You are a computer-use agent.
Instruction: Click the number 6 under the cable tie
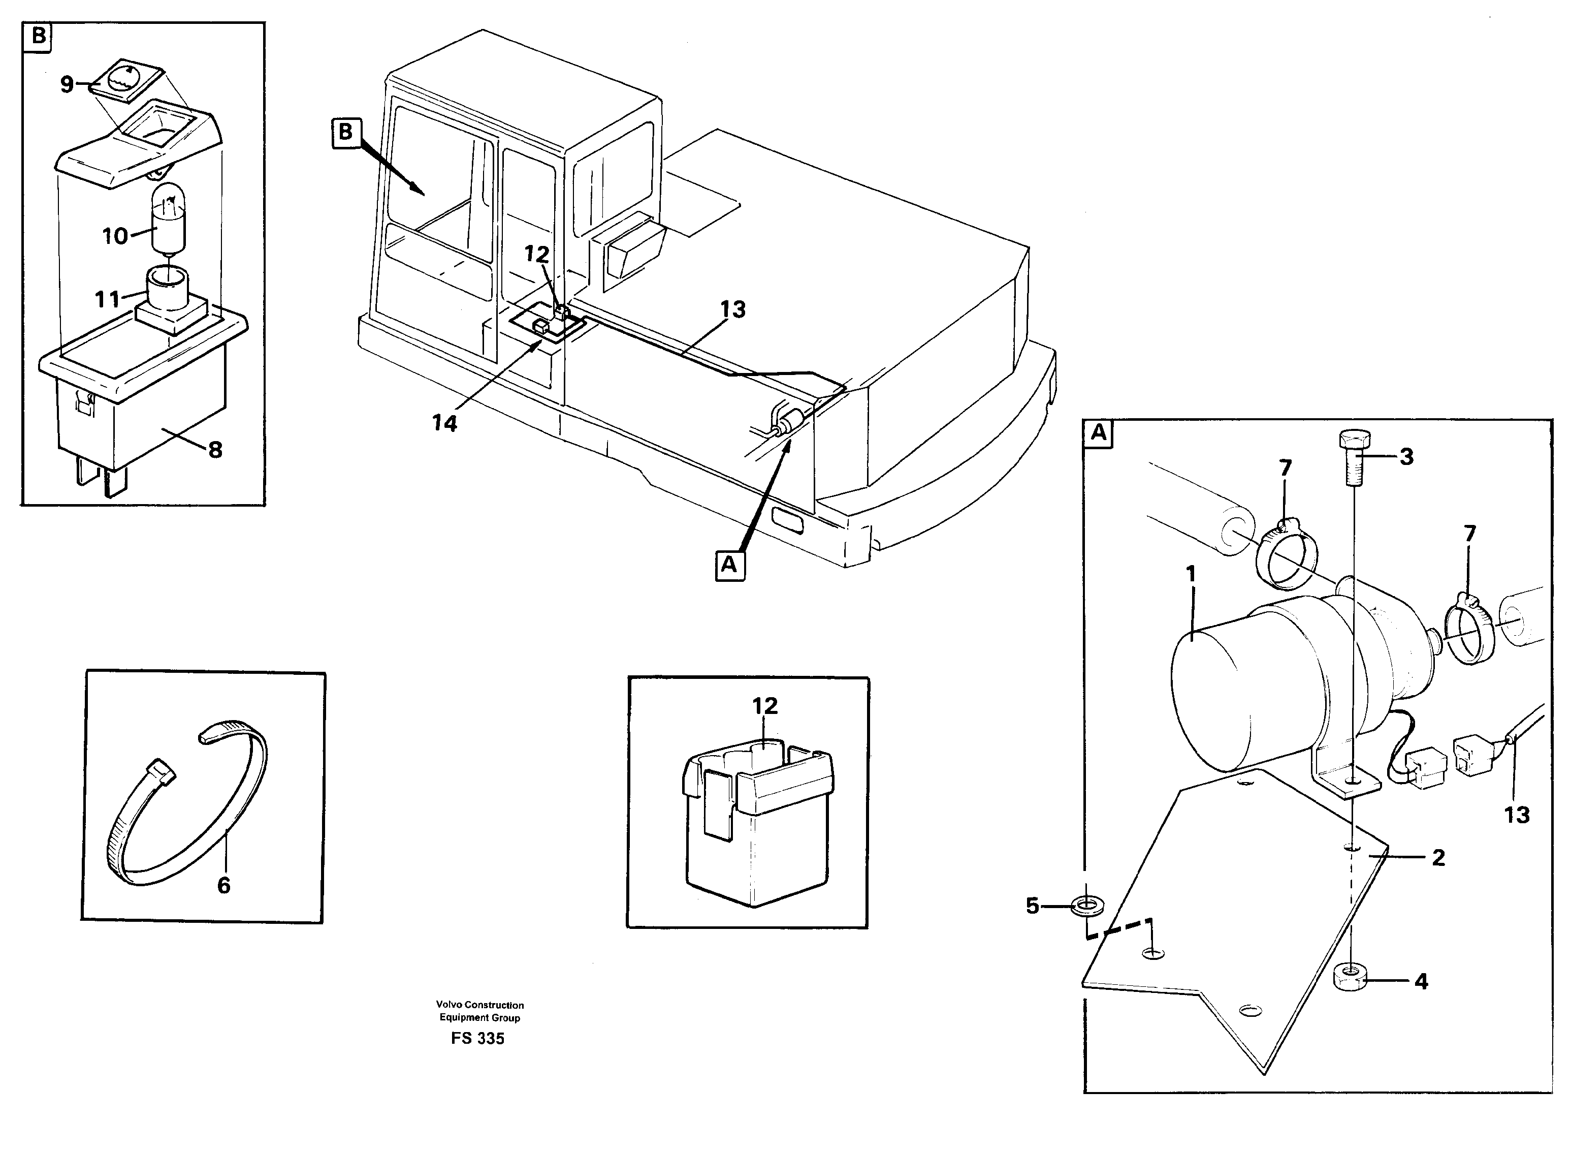pyautogui.click(x=223, y=886)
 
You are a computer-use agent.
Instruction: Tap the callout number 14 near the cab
pyautogui.click(x=444, y=423)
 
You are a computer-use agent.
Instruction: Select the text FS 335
pyautogui.click(x=477, y=1038)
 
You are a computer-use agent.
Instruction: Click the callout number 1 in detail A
pyautogui.click(x=1191, y=574)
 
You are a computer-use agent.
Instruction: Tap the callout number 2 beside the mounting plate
pyautogui.click(x=1438, y=858)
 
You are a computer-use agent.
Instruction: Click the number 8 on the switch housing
pyautogui.click(x=215, y=450)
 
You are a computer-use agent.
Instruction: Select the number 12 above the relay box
pyautogui.click(x=764, y=706)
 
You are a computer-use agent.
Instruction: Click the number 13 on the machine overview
pyautogui.click(x=732, y=309)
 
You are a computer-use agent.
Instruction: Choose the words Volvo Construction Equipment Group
pyautogui.click(x=479, y=1011)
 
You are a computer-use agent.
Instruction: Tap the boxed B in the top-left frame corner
pyautogui.click(x=38, y=36)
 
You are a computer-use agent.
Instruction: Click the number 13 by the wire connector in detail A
pyautogui.click(x=1517, y=815)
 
